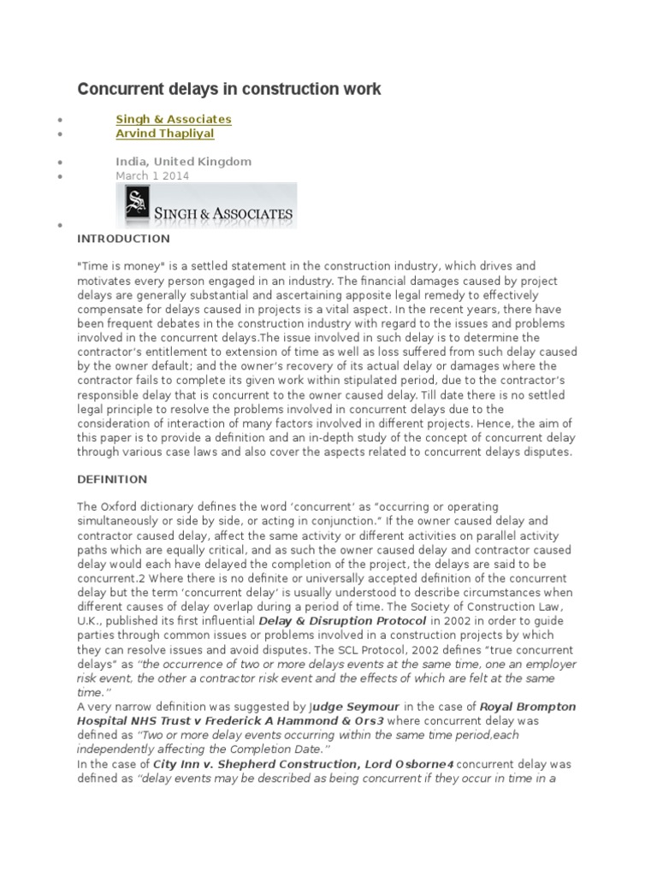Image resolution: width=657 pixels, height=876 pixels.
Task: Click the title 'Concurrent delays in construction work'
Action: pyautogui.click(x=229, y=89)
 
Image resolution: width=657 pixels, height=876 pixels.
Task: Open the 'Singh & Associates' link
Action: pyautogui.click(x=174, y=119)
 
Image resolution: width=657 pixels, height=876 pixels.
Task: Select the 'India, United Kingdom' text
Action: pyautogui.click(x=184, y=161)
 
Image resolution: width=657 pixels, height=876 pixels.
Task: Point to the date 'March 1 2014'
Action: pyautogui.click(x=153, y=175)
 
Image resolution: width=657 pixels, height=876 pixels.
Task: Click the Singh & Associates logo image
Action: pyautogui.click(x=206, y=205)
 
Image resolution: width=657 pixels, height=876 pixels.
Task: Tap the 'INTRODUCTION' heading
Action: pyautogui.click(x=123, y=239)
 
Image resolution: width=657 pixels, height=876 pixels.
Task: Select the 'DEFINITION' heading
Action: pyautogui.click(x=112, y=479)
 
